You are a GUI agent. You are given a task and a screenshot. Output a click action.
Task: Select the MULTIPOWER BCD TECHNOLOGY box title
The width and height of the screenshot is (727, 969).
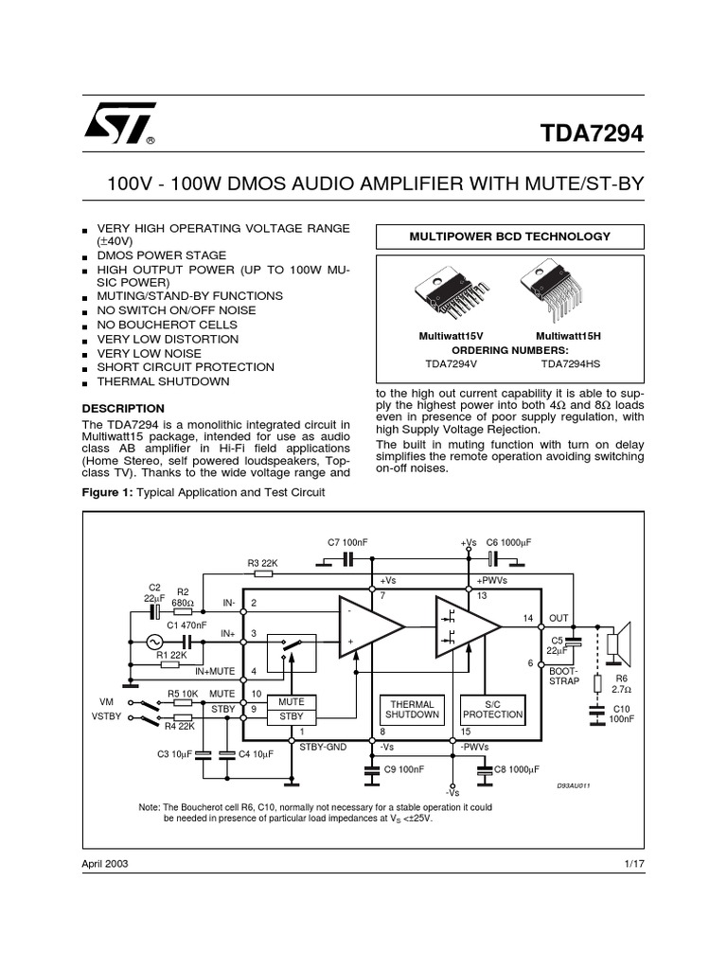pos(509,237)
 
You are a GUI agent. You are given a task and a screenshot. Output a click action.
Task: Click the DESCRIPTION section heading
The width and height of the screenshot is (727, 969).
pos(123,409)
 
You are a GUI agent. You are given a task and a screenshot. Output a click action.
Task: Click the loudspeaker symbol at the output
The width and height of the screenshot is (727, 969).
pos(618,643)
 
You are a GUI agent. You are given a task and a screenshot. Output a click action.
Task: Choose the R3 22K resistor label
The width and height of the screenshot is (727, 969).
pos(261,563)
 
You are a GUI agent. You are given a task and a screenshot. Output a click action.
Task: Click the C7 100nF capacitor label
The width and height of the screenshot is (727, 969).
pos(346,542)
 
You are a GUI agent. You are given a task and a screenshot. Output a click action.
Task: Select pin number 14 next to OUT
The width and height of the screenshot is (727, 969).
pos(528,619)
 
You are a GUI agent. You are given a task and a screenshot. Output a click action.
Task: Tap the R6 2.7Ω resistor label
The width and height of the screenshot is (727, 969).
pos(621,684)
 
